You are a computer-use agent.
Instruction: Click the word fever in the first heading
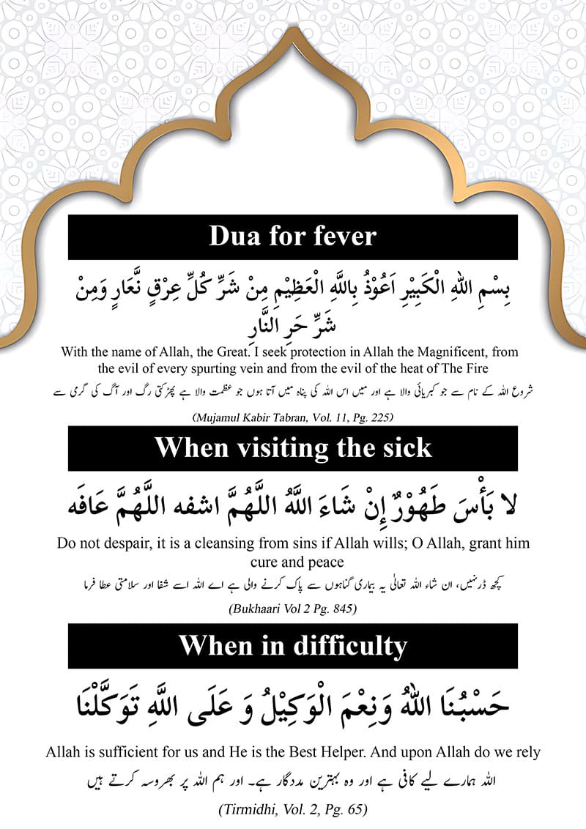tap(339, 237)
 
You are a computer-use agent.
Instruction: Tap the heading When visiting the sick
tap(293, 447)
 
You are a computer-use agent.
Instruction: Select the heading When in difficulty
tap(293, 645)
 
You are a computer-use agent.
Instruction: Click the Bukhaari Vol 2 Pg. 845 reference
tap(293, 607)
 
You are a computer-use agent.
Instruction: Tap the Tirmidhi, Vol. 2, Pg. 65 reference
tap(293, 809)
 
